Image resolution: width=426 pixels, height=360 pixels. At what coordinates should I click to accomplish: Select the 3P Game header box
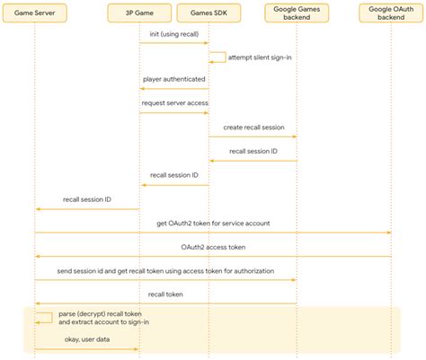point(139,13)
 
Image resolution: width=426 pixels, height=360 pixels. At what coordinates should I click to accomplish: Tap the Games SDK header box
point(209,13)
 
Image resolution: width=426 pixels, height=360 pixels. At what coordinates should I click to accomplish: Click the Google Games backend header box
point(297,13)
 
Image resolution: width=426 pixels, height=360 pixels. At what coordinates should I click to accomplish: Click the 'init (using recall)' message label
point(173,33)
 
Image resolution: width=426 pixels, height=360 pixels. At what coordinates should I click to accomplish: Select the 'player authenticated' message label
point(173,80)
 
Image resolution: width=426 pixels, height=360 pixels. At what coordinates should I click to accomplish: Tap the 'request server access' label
point(173,102)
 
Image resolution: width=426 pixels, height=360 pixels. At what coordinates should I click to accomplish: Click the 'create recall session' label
point(253,127)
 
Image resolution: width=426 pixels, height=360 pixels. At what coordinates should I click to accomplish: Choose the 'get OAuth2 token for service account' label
point(213,223)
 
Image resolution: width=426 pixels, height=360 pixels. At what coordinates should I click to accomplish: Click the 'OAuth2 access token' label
point(213,246)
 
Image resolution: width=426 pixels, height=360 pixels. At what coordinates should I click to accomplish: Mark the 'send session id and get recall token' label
point(165,270)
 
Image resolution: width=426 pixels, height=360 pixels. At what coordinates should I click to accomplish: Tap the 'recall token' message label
point(165,294)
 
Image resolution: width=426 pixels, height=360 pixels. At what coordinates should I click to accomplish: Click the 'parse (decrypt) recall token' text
point(99,313)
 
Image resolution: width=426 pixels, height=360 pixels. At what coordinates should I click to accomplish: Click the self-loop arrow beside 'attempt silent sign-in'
point(218,57)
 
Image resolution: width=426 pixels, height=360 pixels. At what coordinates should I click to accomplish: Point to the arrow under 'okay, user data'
point(87,349)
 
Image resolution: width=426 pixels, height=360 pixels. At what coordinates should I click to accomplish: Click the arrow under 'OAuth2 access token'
point(213,256)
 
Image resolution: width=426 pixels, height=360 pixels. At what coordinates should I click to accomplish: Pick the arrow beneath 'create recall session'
point(253,137)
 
